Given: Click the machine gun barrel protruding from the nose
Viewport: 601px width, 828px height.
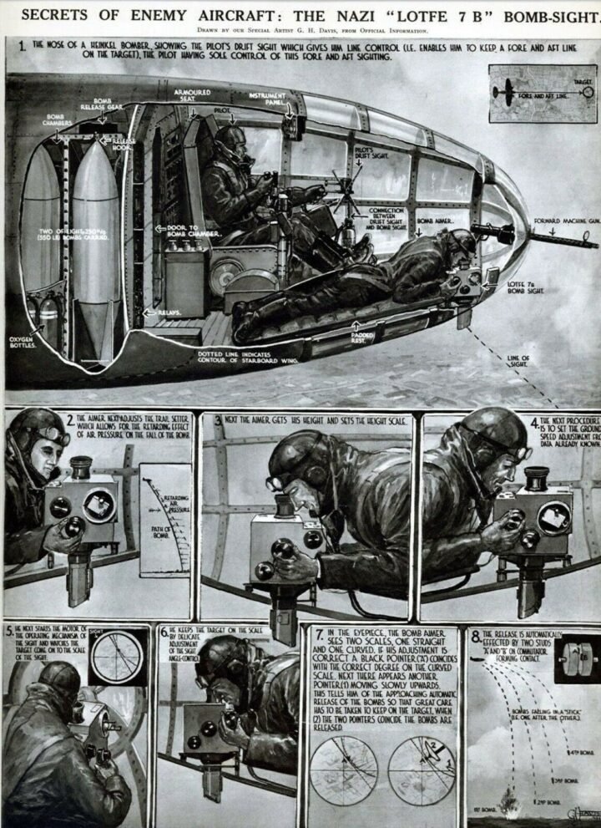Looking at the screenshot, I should click(x=552, y=237).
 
